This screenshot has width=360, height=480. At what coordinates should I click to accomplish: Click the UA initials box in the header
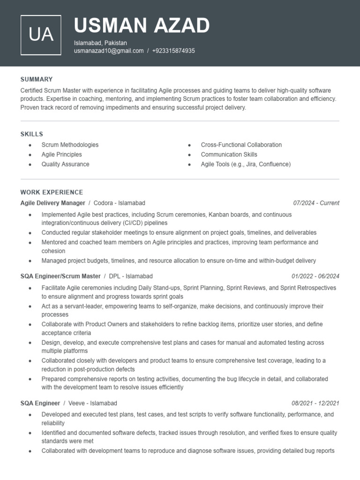[41, 35]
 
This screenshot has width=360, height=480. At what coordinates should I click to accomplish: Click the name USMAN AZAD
[142, 25]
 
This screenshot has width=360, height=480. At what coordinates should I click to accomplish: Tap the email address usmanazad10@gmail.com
[109, 51]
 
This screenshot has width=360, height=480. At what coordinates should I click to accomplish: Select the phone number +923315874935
[173, 51]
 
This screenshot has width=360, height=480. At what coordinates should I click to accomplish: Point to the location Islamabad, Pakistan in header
[100, 43]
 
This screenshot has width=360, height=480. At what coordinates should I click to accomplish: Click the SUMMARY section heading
[37, 79]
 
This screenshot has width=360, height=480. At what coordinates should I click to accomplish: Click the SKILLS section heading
[31, 134]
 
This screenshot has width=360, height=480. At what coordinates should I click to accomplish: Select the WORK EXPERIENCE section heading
[52, 192]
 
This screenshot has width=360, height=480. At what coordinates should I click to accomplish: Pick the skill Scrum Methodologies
[70, 145]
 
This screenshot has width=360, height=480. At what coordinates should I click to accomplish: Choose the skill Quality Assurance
[65, 164]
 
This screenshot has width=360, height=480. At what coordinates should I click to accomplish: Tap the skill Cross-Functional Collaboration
[241, 145]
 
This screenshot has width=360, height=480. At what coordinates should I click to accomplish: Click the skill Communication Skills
[229, 154]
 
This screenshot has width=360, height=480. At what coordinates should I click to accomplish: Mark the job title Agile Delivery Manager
[52, 203]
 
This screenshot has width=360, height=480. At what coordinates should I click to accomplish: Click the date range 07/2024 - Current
[316, 203]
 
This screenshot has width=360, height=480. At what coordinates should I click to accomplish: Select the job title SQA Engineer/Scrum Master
[60, 276]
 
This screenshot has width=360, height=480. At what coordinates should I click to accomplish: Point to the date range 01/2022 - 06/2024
[315, 276]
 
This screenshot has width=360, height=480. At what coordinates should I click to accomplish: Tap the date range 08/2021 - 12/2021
[315, 403]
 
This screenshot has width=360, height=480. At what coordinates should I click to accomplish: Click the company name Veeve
[76, 403]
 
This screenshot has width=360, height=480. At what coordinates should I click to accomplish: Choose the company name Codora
[104, 203]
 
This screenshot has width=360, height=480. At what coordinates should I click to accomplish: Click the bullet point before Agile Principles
[30, 155]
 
